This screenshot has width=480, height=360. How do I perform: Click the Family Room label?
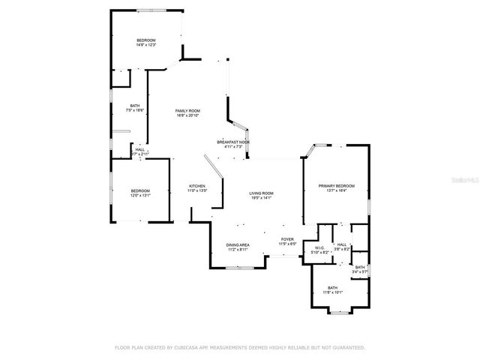(x=187, y=111)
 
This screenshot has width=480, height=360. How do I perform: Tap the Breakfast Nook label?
(x=233, y=142)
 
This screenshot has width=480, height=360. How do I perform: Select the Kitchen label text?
(x=196, y=186)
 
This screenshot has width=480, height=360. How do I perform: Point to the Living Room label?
(x=262, y=193)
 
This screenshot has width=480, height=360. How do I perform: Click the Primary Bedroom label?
(x=336, y=185)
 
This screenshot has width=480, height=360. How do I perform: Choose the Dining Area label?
(x=238, y=245)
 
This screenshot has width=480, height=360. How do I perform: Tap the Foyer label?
(x=288, y=239)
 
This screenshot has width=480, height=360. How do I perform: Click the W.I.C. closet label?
(x=319, y=248)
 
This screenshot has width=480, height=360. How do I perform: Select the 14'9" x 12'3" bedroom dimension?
(x=145, y=45)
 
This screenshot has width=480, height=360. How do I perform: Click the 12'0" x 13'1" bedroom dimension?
(x=140, y=195)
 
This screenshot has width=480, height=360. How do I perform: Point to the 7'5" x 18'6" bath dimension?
(x=135, y=111)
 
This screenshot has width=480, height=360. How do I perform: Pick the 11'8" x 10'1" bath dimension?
(x=332, y=292)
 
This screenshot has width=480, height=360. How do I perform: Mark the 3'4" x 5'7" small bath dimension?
(x=360, y=271)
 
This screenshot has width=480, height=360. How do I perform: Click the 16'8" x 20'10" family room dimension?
(x=187, y=115)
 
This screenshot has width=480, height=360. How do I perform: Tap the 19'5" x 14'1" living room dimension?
(x=262, y=198)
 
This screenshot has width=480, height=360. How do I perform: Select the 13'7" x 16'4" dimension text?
(x=336, y=190)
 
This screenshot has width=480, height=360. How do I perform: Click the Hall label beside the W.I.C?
(x=342, y=244)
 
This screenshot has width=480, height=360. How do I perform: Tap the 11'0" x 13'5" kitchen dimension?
(x=196, y=190)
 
